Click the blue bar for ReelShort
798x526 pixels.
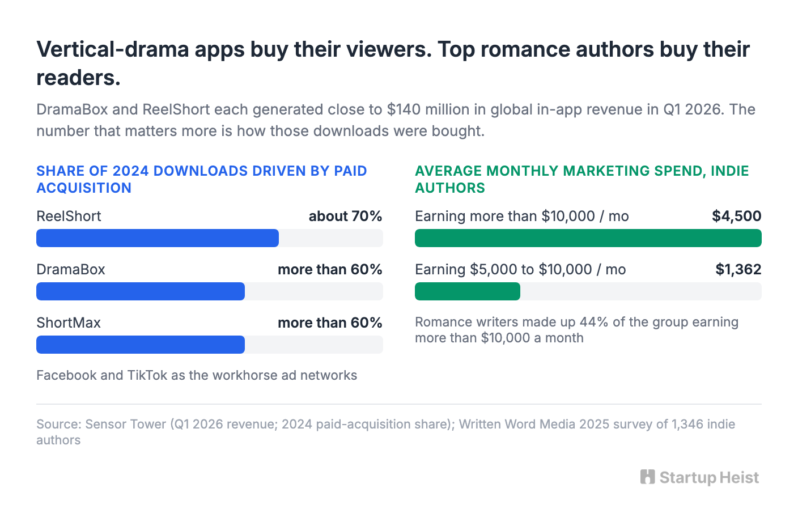pos(158,238)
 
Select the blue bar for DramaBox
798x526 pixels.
pos(141,291)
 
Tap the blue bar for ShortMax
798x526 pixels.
pos(141,345)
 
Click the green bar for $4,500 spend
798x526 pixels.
pos(588,238)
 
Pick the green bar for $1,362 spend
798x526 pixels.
pos(468,291)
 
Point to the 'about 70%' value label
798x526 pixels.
pos(345,217)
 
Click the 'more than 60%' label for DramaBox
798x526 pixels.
pos(330,269)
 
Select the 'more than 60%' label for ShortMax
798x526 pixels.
pos(330,323)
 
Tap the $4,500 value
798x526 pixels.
pos(737,217)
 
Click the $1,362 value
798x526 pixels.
pos(738,269)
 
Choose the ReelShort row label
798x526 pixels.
pos(69,217)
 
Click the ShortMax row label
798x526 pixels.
pos(69,323)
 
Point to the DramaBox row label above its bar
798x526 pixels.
pos(70,269)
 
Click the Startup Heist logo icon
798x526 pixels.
pos(647,477)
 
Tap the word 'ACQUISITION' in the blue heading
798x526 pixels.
pos(84,188)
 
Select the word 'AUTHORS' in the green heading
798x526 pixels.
pos(450,188)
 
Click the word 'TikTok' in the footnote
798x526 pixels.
pos(147,375)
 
